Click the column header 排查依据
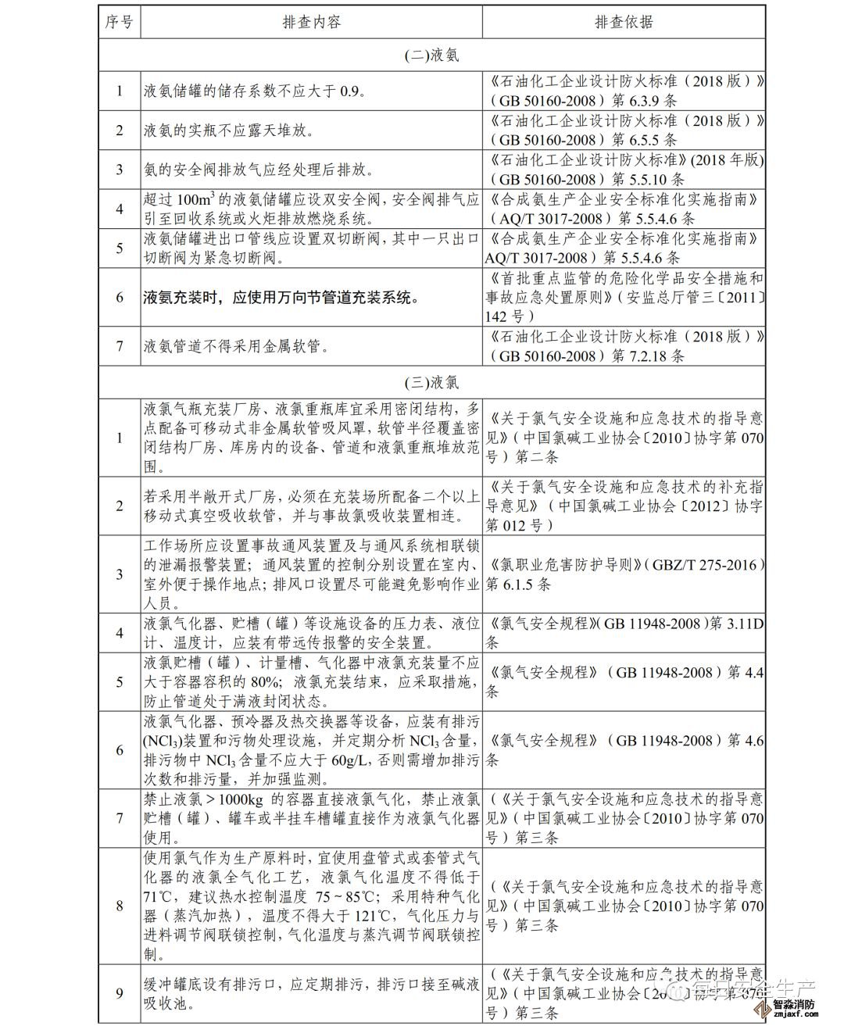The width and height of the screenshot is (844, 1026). (x=623, y=22)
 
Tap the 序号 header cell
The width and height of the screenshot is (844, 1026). (x=120, y=22)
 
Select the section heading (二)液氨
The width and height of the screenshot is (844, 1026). (x=431, y=55)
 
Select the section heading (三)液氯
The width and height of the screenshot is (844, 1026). (x=431, y=383)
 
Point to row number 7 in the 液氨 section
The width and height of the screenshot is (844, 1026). (x=120, y=345)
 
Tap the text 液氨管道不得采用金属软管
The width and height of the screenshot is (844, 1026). (x=236, y=345)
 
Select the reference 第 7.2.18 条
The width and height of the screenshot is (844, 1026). (x=648, y=356)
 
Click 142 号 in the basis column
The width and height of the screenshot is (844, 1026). (x=510, y=316)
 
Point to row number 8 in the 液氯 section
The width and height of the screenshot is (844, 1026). (x=120, y=906)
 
